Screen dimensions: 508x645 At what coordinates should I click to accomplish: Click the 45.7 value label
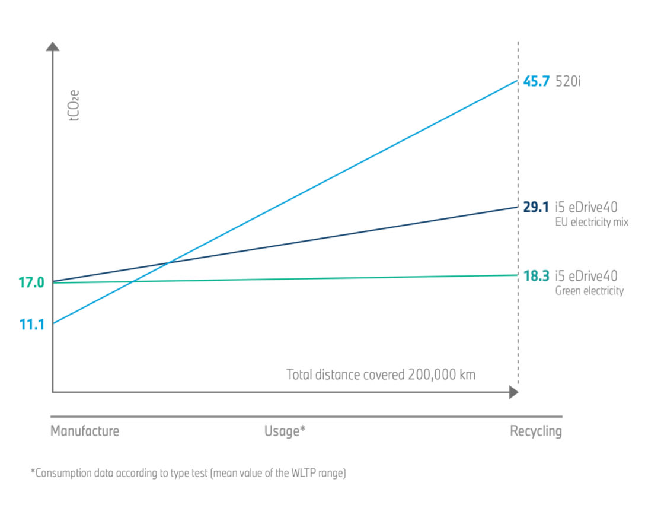click(536, 81)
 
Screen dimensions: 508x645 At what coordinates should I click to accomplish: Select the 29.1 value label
click(536, 208)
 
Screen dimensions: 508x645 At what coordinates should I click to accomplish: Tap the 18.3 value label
click(536, 276)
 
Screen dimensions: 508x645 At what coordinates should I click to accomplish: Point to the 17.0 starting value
click(31, 283)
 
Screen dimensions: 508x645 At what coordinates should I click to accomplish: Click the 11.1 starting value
click(31, 324)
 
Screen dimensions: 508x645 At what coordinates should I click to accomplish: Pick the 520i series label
click(568, 81)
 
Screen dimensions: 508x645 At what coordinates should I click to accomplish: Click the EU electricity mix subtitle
click(592, 223)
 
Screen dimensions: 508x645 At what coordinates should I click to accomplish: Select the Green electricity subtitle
click(589, 291)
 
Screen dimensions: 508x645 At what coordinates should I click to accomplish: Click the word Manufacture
click(85, 431)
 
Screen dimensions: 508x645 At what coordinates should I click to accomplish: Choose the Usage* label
click(285, 431)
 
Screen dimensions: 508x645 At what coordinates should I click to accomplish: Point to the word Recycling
click(535, 431)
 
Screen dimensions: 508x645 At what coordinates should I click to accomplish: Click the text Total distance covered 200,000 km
click(381, 375)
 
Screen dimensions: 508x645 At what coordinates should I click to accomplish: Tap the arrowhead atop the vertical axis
click(53, 46)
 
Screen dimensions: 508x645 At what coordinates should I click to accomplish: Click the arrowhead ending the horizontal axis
click(513, 392)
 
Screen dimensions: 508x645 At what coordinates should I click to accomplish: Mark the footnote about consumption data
click(188, 474)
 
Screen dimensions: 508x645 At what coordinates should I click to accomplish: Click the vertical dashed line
click(519, 148)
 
